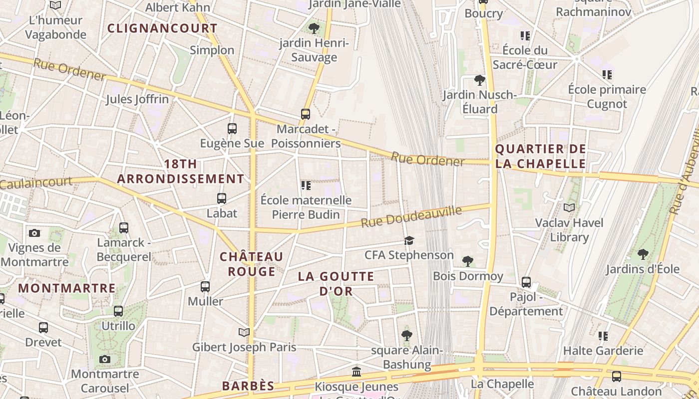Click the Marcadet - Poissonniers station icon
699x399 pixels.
click(306, 114)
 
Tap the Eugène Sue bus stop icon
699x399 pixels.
click(232, 129)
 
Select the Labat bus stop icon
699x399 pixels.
click(222, 199)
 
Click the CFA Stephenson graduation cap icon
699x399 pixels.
click(409, 241)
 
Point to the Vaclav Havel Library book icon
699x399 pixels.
click(569, 207)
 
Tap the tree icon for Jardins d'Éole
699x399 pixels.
click(643, 254)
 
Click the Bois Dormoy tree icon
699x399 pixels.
click(468, 261)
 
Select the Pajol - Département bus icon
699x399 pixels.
click(526, 282)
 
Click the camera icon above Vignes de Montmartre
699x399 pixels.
click(34, 233)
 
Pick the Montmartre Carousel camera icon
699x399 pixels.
click(104, 359)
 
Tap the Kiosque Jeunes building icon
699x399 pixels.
click(356, 372)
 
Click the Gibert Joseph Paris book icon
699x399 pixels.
click(244, 332)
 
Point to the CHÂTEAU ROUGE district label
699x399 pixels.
click(252, 264)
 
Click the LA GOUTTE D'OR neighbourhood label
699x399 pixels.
click(336, 284)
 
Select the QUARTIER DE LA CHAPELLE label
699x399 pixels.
click(540, 156)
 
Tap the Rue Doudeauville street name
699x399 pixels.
click(411, 217)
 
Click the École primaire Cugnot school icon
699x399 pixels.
click(607, 75)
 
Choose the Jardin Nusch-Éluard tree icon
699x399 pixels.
click(479, 80)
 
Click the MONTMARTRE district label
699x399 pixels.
click(67, 288)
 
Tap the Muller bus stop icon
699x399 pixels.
click(205, 287)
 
